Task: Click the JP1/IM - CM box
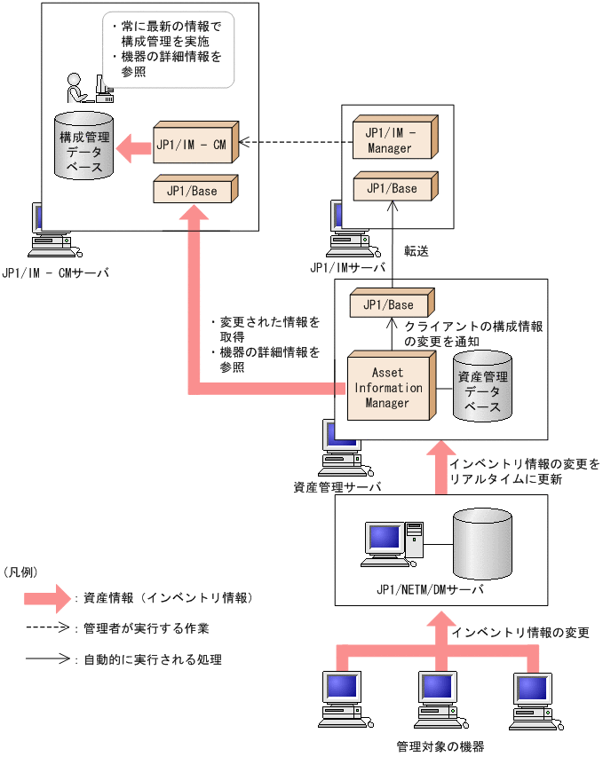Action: tap(194, 142)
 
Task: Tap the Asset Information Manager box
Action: tap(388, 387)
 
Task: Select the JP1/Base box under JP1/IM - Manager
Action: tap(392, 188)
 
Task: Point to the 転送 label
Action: tap(417, 251)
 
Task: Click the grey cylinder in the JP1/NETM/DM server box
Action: tap(482, 541)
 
